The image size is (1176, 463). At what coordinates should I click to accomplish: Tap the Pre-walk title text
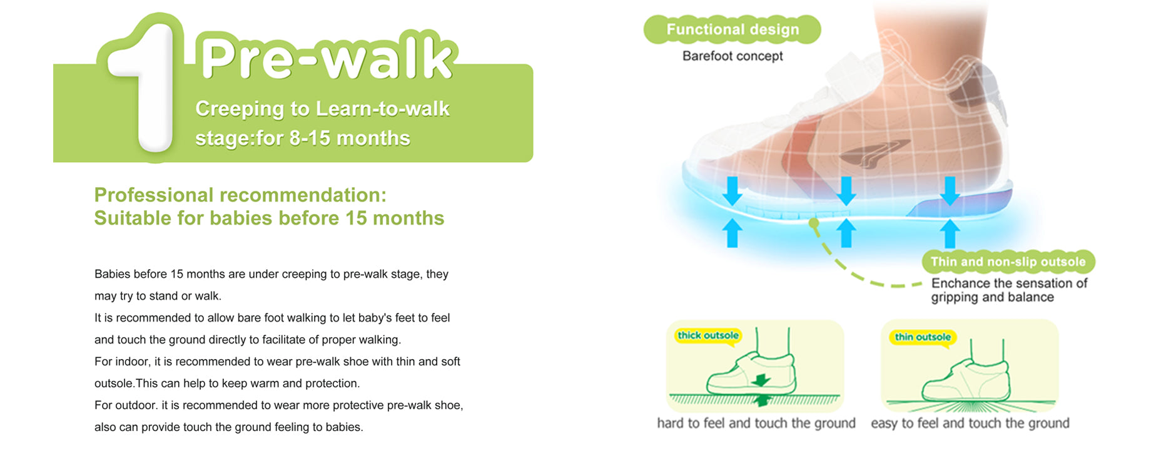(326, 58)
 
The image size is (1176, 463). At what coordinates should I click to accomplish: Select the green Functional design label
(732, 29)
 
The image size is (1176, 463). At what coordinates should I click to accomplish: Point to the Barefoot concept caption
(732, 56)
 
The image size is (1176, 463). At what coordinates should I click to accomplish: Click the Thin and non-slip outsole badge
(1008, 262)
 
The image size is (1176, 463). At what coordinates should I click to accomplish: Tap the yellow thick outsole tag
(708, 335)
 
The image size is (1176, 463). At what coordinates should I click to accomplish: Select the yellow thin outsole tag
(923, 337)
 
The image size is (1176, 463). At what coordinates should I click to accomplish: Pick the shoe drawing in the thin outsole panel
(966, 372)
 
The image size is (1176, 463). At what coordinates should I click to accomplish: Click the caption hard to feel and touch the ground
(756, 424)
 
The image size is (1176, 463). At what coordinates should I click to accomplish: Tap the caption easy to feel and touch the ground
(970, 424)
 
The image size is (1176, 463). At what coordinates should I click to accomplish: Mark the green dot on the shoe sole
(813, 223)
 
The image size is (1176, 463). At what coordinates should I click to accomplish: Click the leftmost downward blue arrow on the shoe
(732, 190)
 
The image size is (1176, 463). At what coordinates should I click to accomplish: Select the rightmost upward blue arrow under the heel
(950, 233)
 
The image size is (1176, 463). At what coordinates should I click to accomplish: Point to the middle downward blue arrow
(846, 190)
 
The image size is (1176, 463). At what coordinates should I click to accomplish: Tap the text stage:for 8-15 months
(303, 138)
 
